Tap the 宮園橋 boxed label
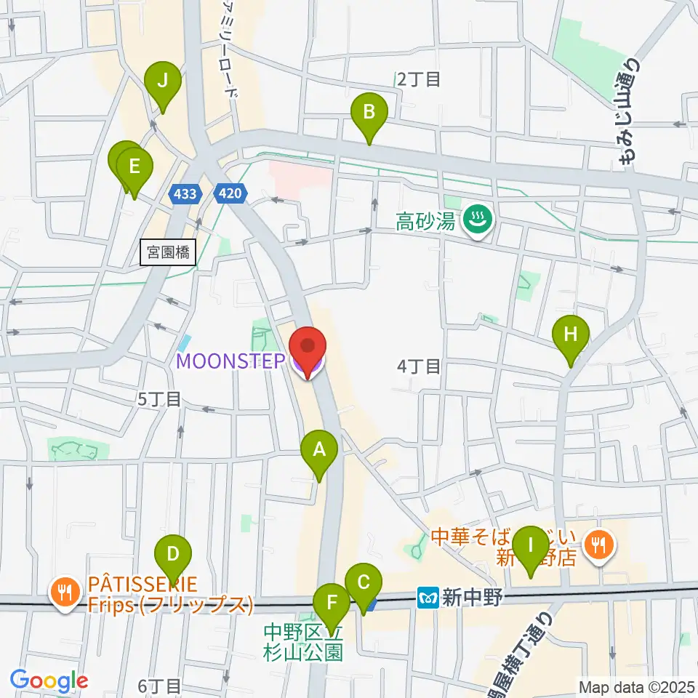[x=167, y=253]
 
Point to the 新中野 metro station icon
[x=428, y=598]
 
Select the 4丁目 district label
[x=419, y=367]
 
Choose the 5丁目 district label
[x=159, y=398]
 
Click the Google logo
[x=49, y=681]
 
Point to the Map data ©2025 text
[x=636, y=686]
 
